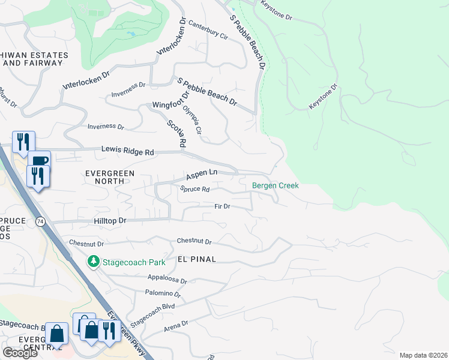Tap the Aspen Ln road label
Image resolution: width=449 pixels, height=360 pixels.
(x=201, y=174)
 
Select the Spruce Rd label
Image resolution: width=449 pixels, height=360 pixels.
(x=194, y=189)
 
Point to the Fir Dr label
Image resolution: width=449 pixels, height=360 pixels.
(x=223, y=206)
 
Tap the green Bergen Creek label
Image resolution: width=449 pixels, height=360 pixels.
(x=275, y=186)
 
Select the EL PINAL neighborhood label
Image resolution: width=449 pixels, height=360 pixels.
(x=196, y=259)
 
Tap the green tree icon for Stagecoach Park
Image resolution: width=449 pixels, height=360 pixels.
(x=93, y=262)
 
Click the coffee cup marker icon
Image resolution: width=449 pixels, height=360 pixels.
(x=39, y=161)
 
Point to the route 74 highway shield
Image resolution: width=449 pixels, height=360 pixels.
(x=40, y=221)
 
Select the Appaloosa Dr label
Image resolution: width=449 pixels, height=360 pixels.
(x=167, y=280)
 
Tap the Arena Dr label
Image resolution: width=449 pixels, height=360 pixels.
(x=175, y=324)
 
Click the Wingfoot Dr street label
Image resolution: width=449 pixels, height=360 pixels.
(x=170, y=98)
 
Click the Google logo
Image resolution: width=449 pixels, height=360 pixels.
(x=20, y=353)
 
